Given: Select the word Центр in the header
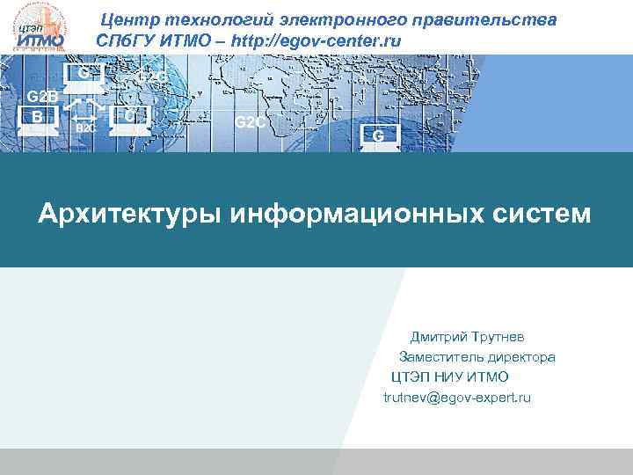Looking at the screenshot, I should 127,19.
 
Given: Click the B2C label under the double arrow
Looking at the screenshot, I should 85,128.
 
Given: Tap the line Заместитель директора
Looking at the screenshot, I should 477,357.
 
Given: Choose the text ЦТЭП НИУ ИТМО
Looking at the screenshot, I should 449,377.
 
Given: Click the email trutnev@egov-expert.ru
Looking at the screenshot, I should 457,398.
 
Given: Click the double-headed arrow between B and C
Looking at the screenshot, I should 85,115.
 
